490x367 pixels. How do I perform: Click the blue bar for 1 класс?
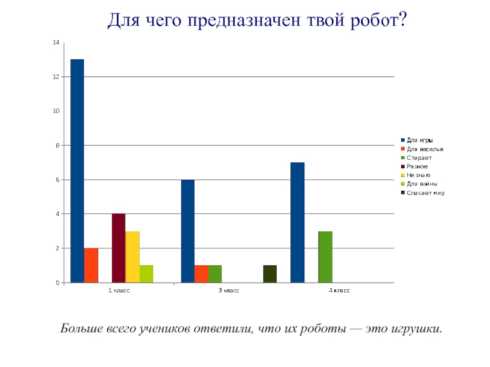point(77,171)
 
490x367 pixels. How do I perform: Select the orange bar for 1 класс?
point(91,265)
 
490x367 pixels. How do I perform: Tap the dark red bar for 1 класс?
point(118,248)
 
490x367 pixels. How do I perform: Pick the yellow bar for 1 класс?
point(132,257)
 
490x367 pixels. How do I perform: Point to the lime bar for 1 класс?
point(146,274)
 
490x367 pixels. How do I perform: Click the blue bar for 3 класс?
point(187,231)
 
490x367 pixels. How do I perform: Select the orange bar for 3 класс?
point(201,274)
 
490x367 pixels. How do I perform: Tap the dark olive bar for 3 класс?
point(270,274)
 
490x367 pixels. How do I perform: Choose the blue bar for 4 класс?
point(298,223)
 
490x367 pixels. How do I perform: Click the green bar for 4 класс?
point(325,257)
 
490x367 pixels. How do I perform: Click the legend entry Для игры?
point(420,140)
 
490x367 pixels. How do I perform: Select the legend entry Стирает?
point(419,158)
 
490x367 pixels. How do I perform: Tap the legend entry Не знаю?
point(418,175)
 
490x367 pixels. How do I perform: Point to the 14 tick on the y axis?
point(56,43)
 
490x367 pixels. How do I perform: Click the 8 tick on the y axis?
point(58,146)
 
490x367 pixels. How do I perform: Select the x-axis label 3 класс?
point(229,291)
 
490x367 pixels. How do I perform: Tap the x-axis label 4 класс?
point(339,291)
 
